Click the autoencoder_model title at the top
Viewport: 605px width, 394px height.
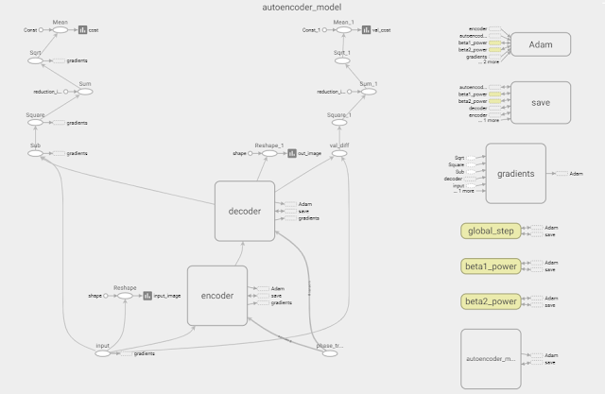pyautogui.click(x=302, y=7)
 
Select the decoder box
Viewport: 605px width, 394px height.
pyautogui.click(x=244, y=211)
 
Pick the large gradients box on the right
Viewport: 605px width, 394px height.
pyautogui.click(x=516, y=173)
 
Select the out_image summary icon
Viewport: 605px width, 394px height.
pyautogui.click(x=292, y=152)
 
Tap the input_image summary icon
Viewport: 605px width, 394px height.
pyautogui.click(x=147, y=296)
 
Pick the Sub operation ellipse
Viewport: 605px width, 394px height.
pyautogui.click(x=36, y=152)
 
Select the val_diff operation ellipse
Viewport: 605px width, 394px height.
pyautogui.click(x=337, y=152)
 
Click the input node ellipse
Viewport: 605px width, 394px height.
pyautogui.click(x=103, y=353)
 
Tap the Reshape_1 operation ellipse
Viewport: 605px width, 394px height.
pyautogui.click(x=270, y=152)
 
